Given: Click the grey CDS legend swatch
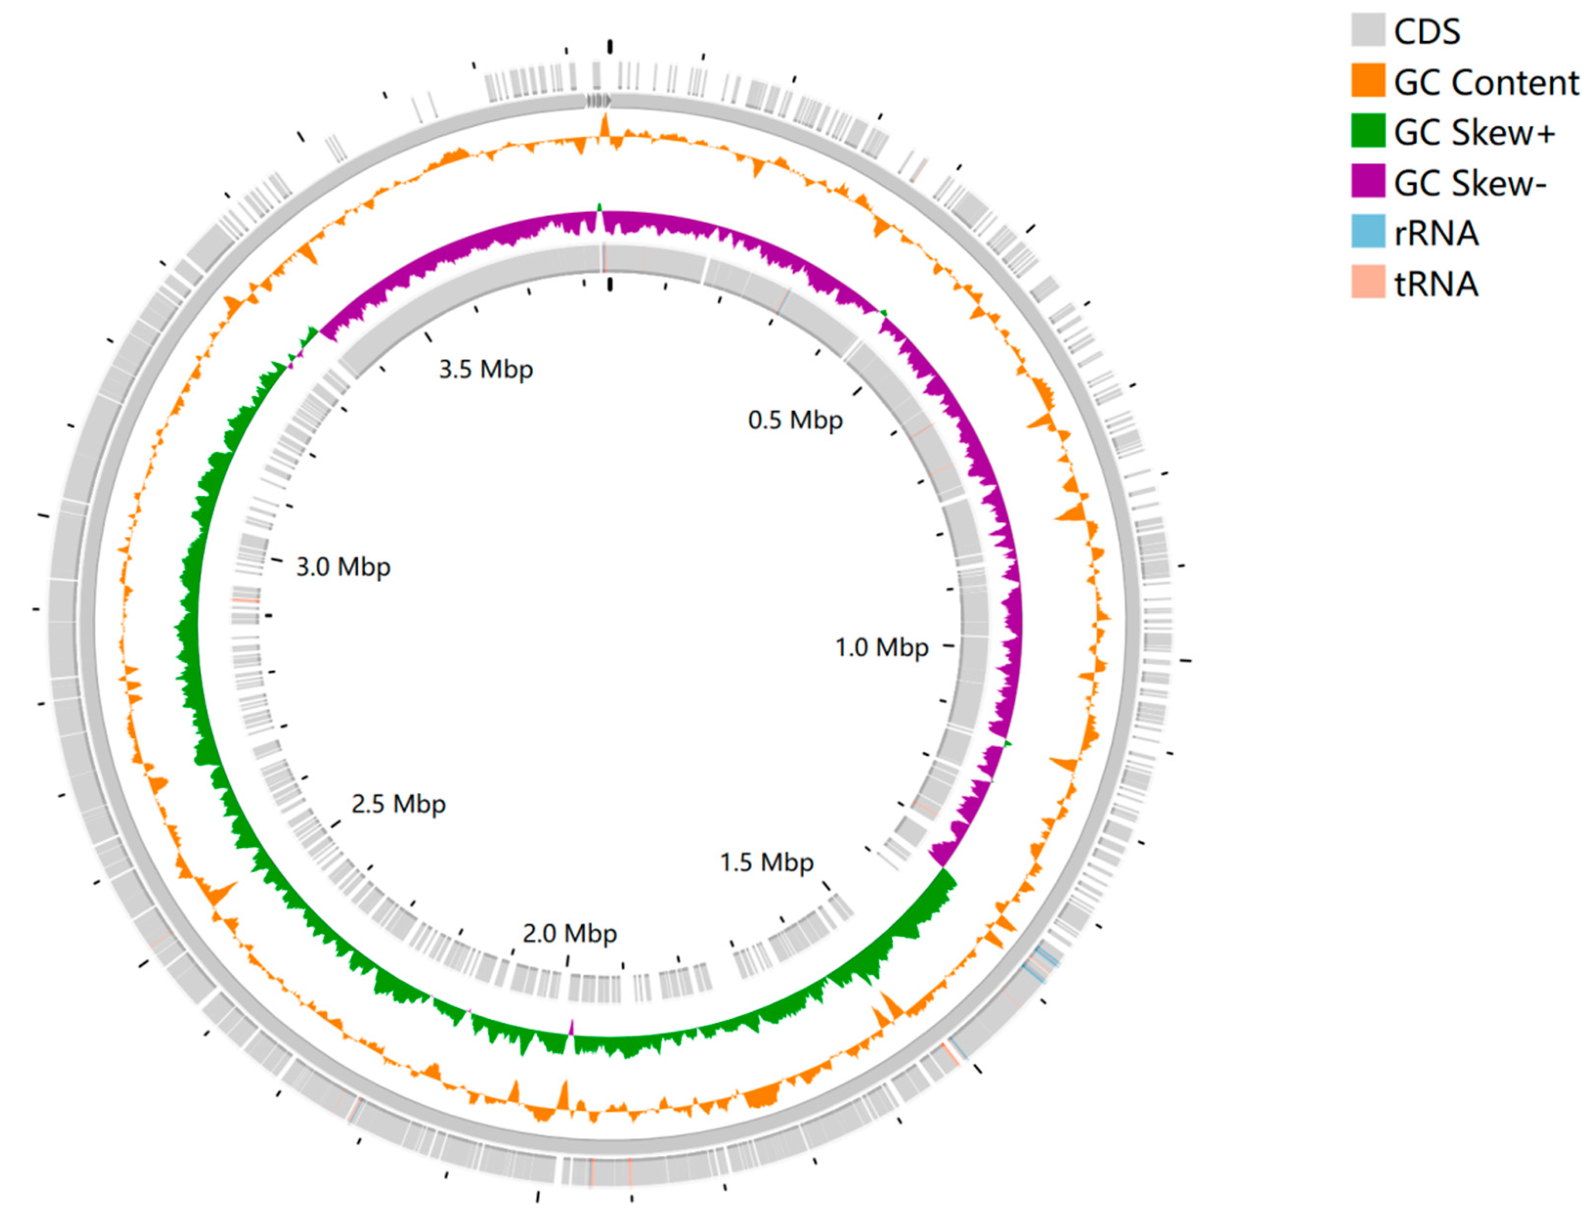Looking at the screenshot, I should [x=1368, y=30].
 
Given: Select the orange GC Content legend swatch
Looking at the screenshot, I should [x=1368, y=81].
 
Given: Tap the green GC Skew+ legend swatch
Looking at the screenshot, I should [x=1368, y=131].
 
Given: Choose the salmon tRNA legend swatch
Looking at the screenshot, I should [x=1368, y=282].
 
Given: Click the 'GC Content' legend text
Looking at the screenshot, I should [x=1485, y=82].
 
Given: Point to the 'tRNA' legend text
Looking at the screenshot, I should [x=1436, y=284].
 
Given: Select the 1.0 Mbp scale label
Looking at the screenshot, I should [x=881, y=647].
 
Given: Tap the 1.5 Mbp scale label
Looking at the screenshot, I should [x=766, y=862].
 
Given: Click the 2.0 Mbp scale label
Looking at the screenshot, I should [x=570, y=933].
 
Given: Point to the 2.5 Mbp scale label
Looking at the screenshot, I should [x=398, y=804].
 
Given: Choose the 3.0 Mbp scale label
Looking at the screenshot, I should [x=343, y=567].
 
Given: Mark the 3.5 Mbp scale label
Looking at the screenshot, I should [x=485, y=369].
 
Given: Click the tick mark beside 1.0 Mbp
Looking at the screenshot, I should [x=948, y=645].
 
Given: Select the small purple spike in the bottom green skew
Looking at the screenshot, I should [x=572, y=1027].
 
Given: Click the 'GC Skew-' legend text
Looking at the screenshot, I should [x=1469, y=183].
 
